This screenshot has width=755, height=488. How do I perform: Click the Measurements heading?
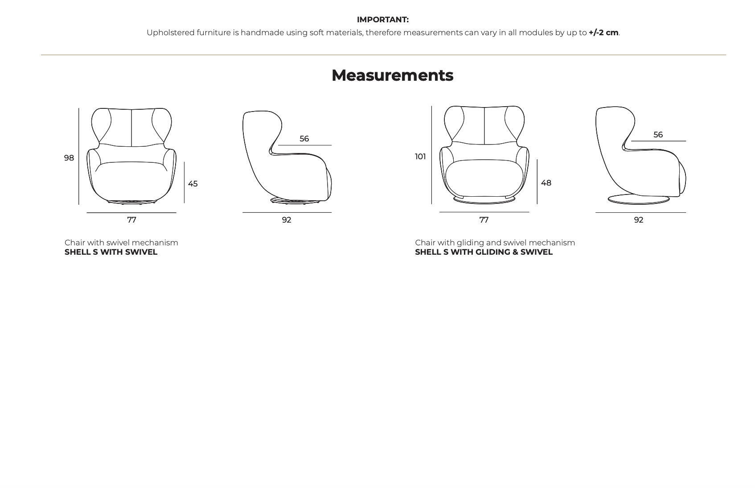click(x=392, y=75)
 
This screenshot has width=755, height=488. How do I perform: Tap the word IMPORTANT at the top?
click(x=382, y=20)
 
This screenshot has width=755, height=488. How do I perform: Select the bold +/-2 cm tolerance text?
click(x=603, y=33)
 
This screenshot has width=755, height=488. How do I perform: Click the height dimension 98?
click(x=69, y=158)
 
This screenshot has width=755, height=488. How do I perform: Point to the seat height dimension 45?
click(x=193, y=184)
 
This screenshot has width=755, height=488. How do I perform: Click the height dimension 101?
click(x=420, y=157)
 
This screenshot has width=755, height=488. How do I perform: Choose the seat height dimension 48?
click(x=546, y=183)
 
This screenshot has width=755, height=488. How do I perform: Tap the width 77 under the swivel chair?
click(x=131, y=220)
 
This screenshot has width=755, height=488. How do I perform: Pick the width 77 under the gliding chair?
click(x=484, y=220)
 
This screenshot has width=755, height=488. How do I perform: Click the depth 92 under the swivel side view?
click(x=287, y=220)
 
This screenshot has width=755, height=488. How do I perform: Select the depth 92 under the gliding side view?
click(x=639, y=220)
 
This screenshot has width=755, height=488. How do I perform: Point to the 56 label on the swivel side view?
click(x=304, y=139)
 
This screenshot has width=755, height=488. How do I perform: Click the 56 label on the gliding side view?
click(x=658, y=135)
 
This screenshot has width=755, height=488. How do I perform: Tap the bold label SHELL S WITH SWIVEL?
click(x=111, y=252)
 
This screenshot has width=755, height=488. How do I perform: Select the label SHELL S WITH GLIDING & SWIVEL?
click(x=484, y=252)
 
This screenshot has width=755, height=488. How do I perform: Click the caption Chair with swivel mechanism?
click(x=121, y=243)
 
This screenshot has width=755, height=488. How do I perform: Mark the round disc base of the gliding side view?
click(x=639, y=199)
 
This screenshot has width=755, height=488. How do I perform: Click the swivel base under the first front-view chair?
click(x=131, y=203)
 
